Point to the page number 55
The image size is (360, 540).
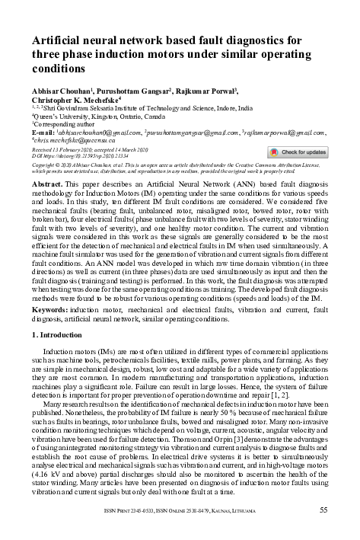tap(324, 510)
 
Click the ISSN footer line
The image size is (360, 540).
tap(180, 510)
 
